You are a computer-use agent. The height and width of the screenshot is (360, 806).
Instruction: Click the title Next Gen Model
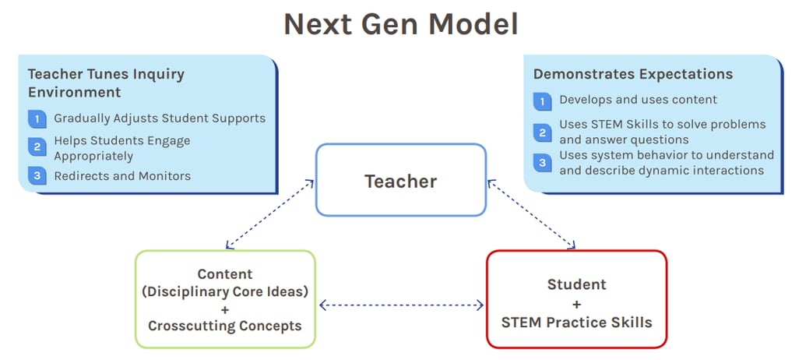pyautogui.click(x=401, y=24)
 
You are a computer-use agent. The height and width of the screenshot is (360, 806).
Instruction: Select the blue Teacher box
pyautogui.click(x=400, y=181)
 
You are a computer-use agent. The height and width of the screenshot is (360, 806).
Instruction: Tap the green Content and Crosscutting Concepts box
pyautogui.click(x=225, y=299)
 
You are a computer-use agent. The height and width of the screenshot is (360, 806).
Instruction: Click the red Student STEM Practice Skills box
pyautogui.click(x=576, y=299)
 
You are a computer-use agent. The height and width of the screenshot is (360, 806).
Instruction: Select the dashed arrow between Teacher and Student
pyautogui.click(x=531, y=214)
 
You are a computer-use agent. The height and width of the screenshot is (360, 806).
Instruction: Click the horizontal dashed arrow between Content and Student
pyautogui.click(x=401, y=305)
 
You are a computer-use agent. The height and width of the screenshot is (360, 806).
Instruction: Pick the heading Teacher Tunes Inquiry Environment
pyautogui.click(x=106, y=83)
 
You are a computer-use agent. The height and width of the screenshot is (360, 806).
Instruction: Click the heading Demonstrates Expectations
pyautogui.click(x=632, y=75)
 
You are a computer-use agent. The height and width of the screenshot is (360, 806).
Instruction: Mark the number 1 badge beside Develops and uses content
pyautogui.click(x=542, y=101)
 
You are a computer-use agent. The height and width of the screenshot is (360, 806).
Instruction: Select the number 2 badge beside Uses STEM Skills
pyautogui.click(x=542, y=132)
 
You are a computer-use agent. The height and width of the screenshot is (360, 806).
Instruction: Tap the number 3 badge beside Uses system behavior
pyautogui.click(x=542, y=163)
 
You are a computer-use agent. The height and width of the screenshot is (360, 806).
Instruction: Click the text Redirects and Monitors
pyautogui.click(x=122, y=176)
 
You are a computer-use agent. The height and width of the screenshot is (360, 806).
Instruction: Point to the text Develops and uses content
pyautogui.click(x=638, y=100)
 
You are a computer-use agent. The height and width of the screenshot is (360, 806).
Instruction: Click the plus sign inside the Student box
pyautogui.click(x=576, y=303)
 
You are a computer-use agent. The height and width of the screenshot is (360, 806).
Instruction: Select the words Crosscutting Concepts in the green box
pyautogui.click(x=225, y=326)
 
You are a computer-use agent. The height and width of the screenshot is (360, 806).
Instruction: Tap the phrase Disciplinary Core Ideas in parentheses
pyautogui.click(x=225, y=291)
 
